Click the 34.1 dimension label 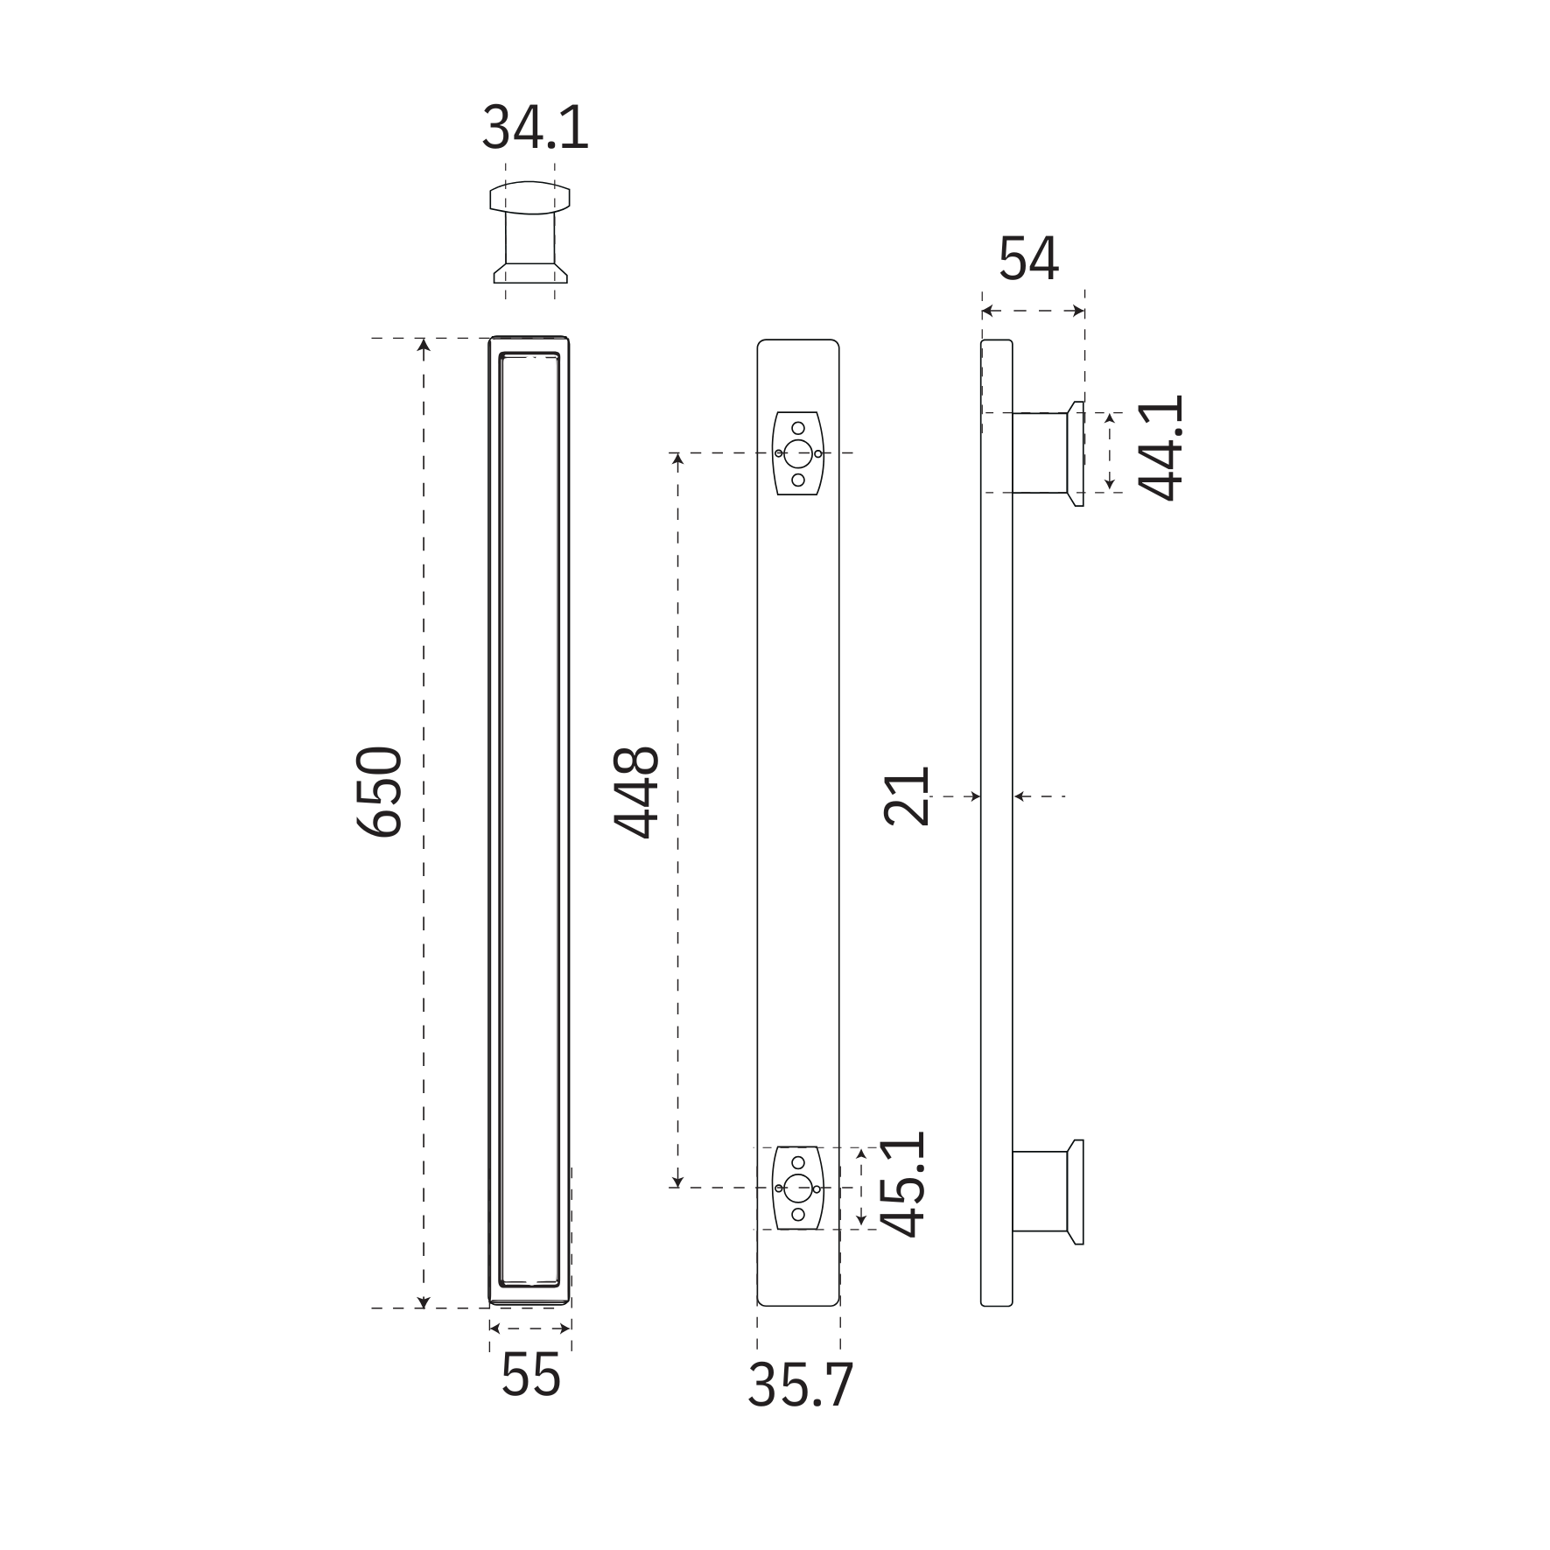[x=535, y=128]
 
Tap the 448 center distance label [x=636, y=791]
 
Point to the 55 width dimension [x=530, y=1374]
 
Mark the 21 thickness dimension [x=906, y=796]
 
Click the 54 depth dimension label [x=1029, y=259]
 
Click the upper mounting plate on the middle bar [x=797, y=453]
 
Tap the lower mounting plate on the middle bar [x=797, y=1188]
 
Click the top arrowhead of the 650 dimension [x=424, y=345]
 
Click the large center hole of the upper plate [x=797, y=453]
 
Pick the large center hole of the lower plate [x=797, y=1188]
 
